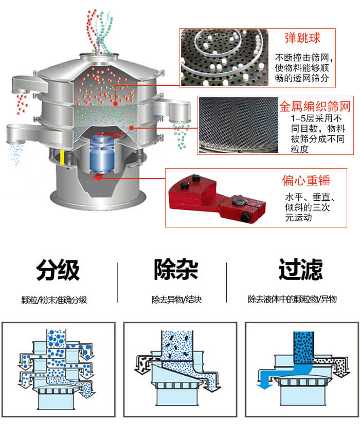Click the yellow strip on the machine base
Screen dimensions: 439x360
click(63, 157)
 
